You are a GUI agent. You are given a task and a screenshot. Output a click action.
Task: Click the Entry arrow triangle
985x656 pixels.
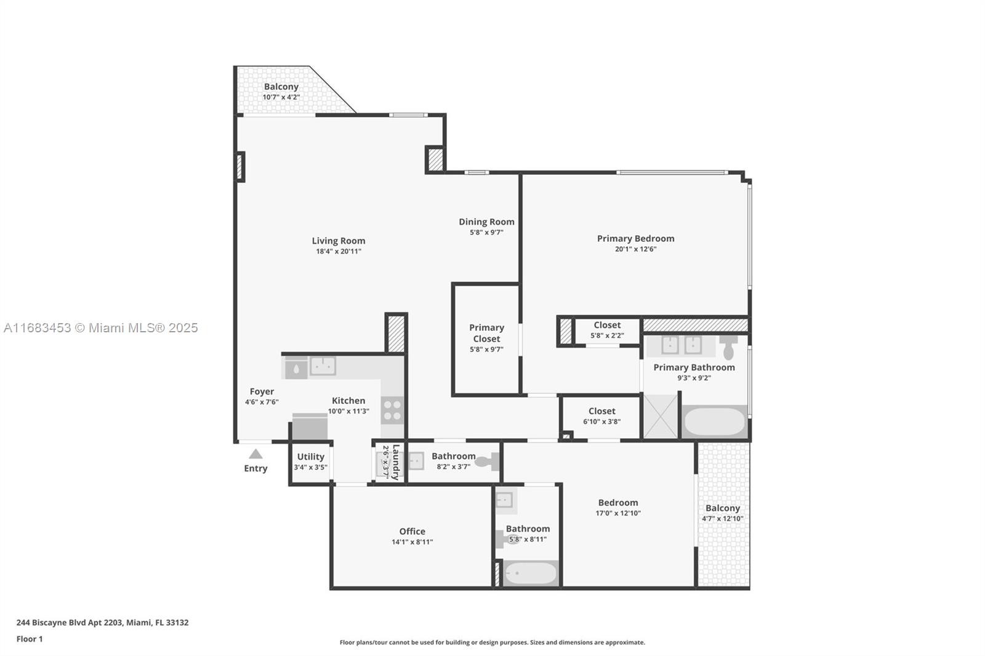tap(255, 454)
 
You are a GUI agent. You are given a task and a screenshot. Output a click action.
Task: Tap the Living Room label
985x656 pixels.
tap(339, 241)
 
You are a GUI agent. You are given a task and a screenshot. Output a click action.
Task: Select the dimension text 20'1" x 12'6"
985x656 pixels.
tap(635, 249)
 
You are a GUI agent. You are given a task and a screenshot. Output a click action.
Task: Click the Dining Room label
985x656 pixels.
tap(486, 222)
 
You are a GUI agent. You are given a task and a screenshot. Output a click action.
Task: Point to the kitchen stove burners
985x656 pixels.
tap(392, 410)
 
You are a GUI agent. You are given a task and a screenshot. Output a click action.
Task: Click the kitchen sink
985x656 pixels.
tap(323, 366)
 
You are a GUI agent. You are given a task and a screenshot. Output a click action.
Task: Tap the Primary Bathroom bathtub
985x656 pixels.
tap(715, 421)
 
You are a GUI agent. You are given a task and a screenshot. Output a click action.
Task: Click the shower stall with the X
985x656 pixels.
tap(661, 416)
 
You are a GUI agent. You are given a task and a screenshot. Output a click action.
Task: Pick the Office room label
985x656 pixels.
tap(412, 532)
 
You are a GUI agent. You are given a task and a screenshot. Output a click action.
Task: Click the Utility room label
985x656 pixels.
tap(310, 457)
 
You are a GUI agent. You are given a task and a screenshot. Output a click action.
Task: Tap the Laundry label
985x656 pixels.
tap(396, 462)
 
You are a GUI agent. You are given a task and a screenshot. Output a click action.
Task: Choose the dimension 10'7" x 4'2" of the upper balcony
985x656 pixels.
tap(281, 97)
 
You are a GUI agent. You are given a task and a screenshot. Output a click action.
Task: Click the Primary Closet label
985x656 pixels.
tap(486, 334)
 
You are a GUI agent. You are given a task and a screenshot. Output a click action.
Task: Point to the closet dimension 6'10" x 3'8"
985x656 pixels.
tap(601, 422)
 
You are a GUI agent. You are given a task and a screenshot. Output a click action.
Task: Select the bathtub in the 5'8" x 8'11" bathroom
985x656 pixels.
tap(531, 574)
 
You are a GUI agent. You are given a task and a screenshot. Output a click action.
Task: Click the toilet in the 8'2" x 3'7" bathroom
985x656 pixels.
tap(488, 462)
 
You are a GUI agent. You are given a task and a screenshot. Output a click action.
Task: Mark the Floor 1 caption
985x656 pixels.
tap(30, 639)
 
